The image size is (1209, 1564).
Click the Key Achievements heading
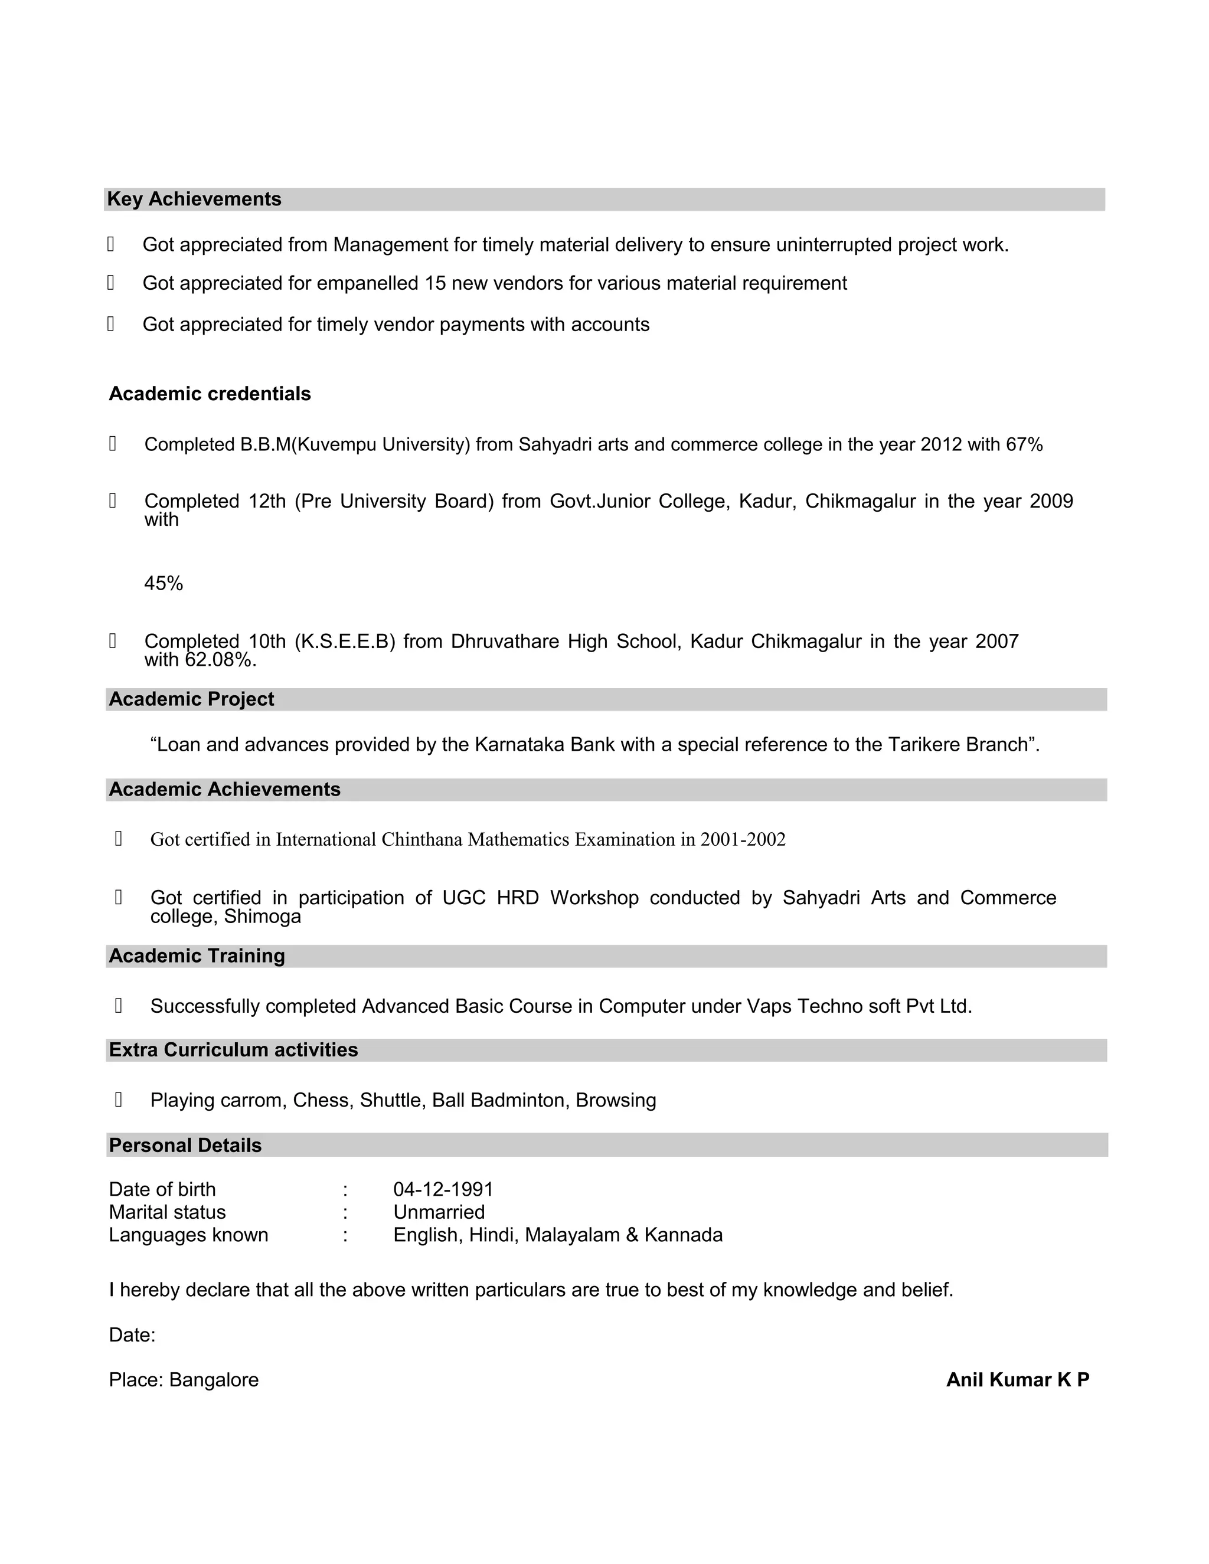pyautogui.click(x=194, y=199)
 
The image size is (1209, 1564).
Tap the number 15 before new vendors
pyautogui.click(x=434, y=283)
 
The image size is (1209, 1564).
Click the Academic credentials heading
pyautogui.click(x=209, y=394)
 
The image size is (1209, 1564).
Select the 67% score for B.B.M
pyautogui.click(x=1024, y=445)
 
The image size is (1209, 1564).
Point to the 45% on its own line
pyautogui.click(x=164, y=584)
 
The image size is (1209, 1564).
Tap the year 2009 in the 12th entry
pyautogui.click(x=1051, y=501)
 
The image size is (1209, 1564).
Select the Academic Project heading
pyautogui.click(x=191, y=699)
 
